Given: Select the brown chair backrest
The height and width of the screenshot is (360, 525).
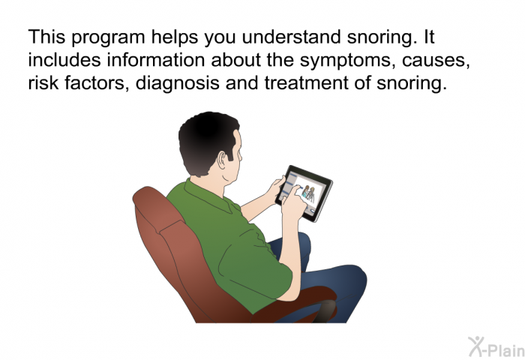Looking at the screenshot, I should [161, 232].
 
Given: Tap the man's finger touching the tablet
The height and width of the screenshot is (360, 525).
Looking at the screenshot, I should [299, 193].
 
